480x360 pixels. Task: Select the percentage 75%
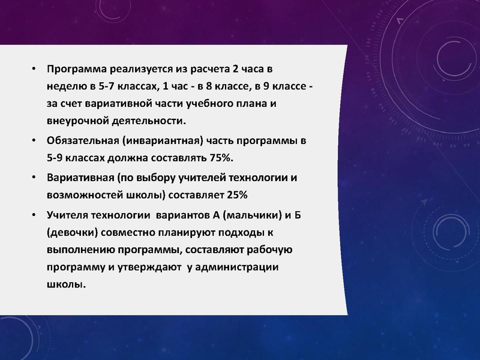pos(221,158)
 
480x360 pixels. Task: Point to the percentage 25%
pos(236,195)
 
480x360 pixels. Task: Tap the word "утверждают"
pos(150,266)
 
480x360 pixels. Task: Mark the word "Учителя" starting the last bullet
pos(68,214)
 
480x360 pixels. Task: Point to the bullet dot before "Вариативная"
pos(34,179)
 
